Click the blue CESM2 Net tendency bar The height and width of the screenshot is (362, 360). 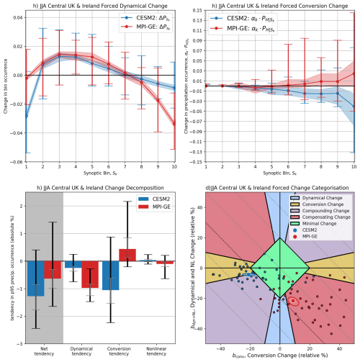(x=35, y=278)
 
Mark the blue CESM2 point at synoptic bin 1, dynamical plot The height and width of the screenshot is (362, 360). (x=26, y=115)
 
